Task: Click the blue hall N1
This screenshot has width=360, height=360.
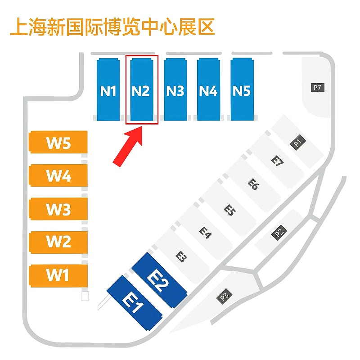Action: tap(108, 90)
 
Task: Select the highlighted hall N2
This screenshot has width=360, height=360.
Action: tap(141, 90)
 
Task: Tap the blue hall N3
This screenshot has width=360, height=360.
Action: tap(175, 90)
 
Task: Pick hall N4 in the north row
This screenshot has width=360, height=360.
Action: tap(208, 90)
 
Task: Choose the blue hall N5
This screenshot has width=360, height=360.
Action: tap(242, 90)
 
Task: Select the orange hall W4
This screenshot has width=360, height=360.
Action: tap(58, 175)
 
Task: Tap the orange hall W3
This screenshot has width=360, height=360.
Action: tap(58, 209)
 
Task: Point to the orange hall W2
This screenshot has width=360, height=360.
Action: tap(58, 242)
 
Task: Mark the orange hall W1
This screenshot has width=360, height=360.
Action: tap(58, 274)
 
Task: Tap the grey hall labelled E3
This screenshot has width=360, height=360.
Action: tap(181, 256)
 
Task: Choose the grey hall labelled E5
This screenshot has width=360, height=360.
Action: tap(230, 210)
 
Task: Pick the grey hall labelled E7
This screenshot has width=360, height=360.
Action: tap(278, 161)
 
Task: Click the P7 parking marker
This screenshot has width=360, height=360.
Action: tap(318, 87)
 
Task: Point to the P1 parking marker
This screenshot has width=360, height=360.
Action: tap(297, 144)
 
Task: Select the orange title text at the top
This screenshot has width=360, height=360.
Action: tap(112, 27)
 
